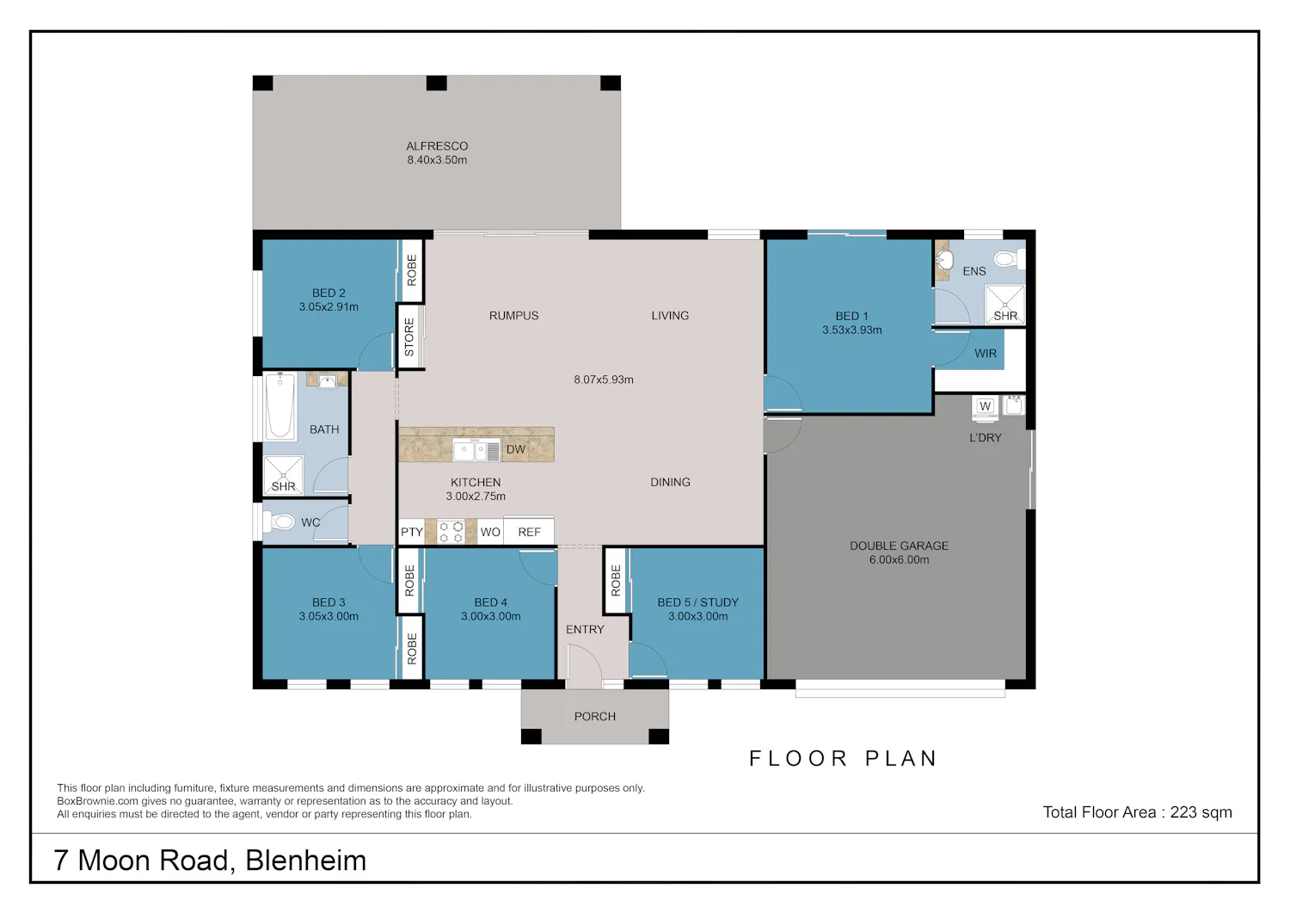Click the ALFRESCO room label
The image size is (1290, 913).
437,146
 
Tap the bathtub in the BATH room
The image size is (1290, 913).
279,405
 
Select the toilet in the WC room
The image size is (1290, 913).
279,522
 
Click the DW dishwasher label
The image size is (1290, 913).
515,449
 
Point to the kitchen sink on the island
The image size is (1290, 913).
476,450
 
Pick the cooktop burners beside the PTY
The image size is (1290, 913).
451,532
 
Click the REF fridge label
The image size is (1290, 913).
529,532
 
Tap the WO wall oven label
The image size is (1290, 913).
490,532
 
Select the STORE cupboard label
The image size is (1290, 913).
409,337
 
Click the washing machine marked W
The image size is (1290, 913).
986,406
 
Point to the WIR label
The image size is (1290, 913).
986,354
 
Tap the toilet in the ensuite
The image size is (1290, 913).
1009,259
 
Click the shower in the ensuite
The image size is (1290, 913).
1005,305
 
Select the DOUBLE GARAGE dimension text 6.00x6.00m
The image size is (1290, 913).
899,559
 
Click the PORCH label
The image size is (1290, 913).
595,717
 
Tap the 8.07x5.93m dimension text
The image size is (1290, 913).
604,379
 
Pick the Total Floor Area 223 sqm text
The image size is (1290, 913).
1138,812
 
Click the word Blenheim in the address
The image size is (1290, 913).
306,861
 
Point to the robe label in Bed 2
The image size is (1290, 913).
412,270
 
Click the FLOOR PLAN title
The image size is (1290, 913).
844,758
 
